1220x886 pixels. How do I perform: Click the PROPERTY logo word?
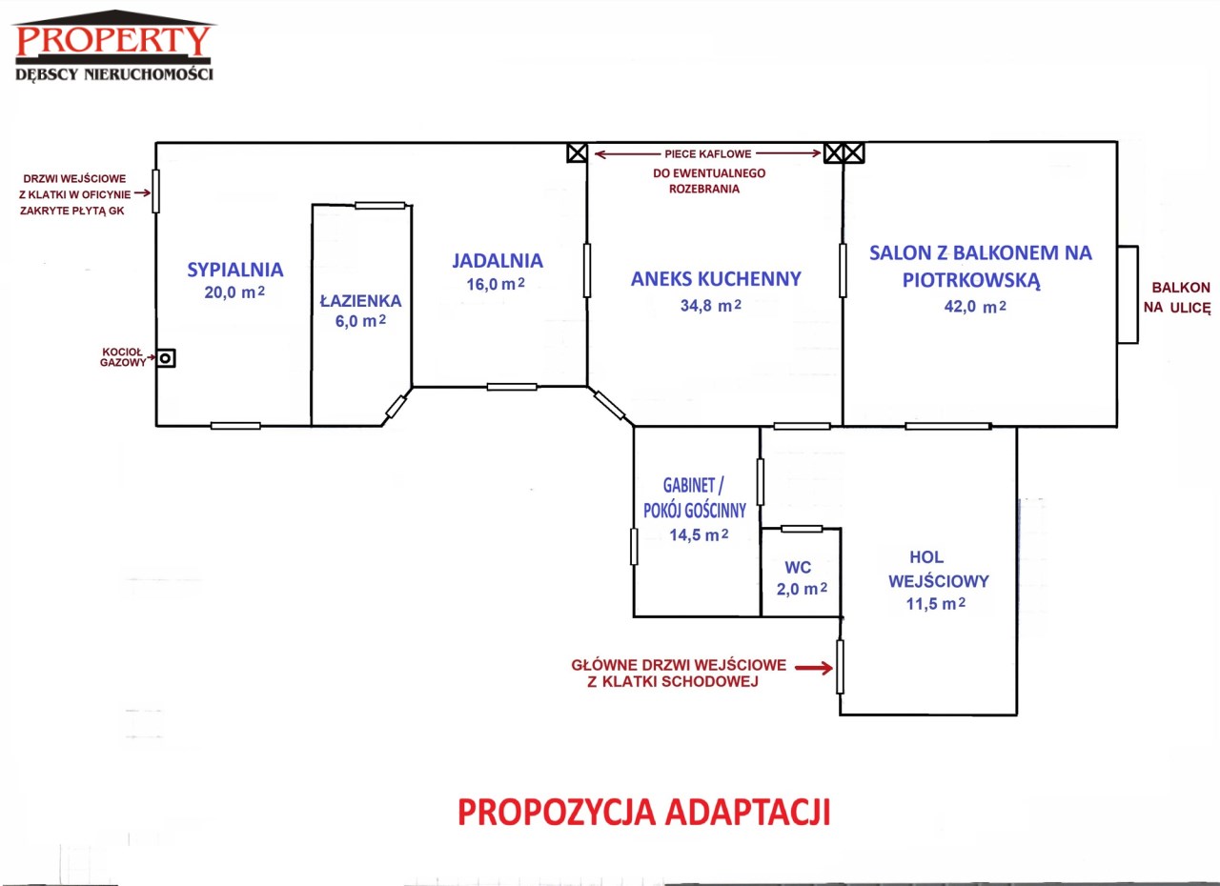(x=113, y=40)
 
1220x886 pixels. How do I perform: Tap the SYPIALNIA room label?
(x=235, y=270)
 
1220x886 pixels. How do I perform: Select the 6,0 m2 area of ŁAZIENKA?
(x=360, y=321)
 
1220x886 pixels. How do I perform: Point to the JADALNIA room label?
(x=498, y=261)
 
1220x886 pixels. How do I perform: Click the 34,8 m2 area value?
(x=711, y=305)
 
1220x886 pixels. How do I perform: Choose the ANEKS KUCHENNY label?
(x=716, y=278)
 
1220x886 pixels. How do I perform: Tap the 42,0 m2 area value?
(x=975, y=307)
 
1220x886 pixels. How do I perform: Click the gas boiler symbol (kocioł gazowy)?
(x=166, y=358)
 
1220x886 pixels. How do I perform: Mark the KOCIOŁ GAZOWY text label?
(x=123, y=357)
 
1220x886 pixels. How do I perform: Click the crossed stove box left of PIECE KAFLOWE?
(x=577, y=153)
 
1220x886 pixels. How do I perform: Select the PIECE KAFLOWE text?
(x=707, y=154)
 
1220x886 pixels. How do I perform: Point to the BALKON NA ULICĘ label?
(x=1176, y=297)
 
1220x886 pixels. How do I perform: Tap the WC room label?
(x=798, y=568)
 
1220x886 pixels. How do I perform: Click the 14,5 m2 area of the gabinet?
(x=699, y=535)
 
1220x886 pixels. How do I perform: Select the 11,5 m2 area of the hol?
(x=936, y=604)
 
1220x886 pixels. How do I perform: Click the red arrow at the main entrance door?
(x=814, y=668)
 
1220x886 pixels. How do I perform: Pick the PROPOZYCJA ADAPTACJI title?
(x=643, y=813)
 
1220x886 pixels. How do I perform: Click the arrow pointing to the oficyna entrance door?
(x=142, y=192)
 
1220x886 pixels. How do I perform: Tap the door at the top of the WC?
(x=802, y=529)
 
